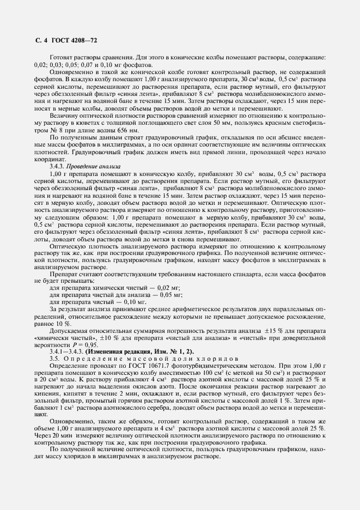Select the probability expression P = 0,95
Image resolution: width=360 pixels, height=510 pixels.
pos(86,345)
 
